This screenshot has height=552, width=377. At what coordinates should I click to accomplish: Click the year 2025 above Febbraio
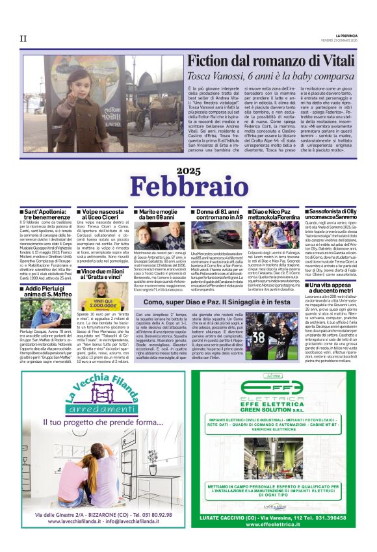pos(189,170)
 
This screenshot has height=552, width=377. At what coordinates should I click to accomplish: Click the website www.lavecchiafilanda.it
pos(71,520)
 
